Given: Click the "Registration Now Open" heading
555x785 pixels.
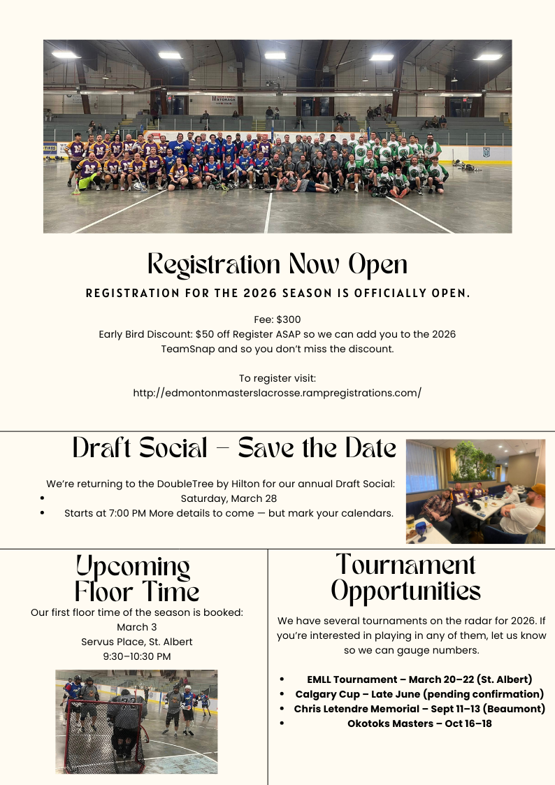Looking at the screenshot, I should pos(277,264).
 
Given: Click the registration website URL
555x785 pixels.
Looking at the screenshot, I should pos(277,392).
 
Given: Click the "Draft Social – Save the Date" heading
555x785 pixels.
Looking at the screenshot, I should pos(234,448).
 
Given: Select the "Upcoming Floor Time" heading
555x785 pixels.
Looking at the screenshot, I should pos(137,578).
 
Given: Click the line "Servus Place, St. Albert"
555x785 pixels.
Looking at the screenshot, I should pos(137,642).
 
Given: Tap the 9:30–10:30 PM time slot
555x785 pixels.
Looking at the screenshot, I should pos(137,656).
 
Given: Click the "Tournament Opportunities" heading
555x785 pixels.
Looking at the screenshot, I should pos(405,578).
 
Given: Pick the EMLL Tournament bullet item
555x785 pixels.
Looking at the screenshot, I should pos(419,679).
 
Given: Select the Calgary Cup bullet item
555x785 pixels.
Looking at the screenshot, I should pos(419,694).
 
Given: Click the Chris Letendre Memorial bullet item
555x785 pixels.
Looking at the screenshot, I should pos(419,709).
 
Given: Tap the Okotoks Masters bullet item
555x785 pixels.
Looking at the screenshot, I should pos(419,723).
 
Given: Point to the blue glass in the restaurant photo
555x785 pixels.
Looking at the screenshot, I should pos(421,526).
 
